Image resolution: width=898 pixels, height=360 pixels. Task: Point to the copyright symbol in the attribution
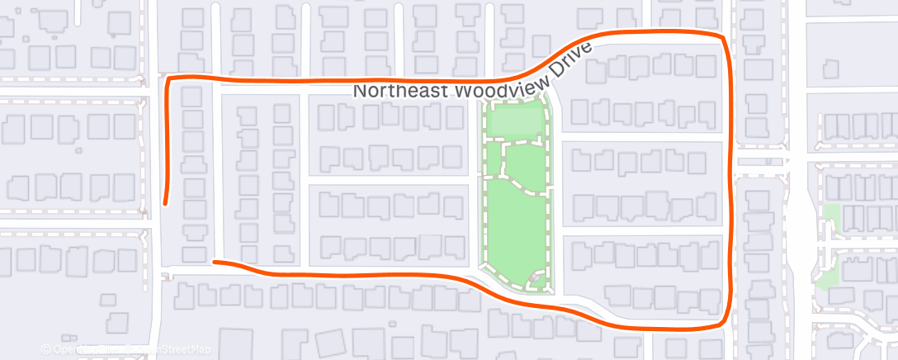46,348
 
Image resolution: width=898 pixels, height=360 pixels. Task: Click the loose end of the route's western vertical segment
166,201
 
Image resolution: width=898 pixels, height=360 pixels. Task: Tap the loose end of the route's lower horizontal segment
215,262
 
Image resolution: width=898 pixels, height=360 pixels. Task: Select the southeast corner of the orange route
726,323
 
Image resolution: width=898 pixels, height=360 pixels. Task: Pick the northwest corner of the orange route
170,78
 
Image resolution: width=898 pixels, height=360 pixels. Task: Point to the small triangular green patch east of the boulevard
826,274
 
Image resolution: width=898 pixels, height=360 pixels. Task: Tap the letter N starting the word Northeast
360,91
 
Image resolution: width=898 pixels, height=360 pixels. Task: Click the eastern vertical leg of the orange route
730,182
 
